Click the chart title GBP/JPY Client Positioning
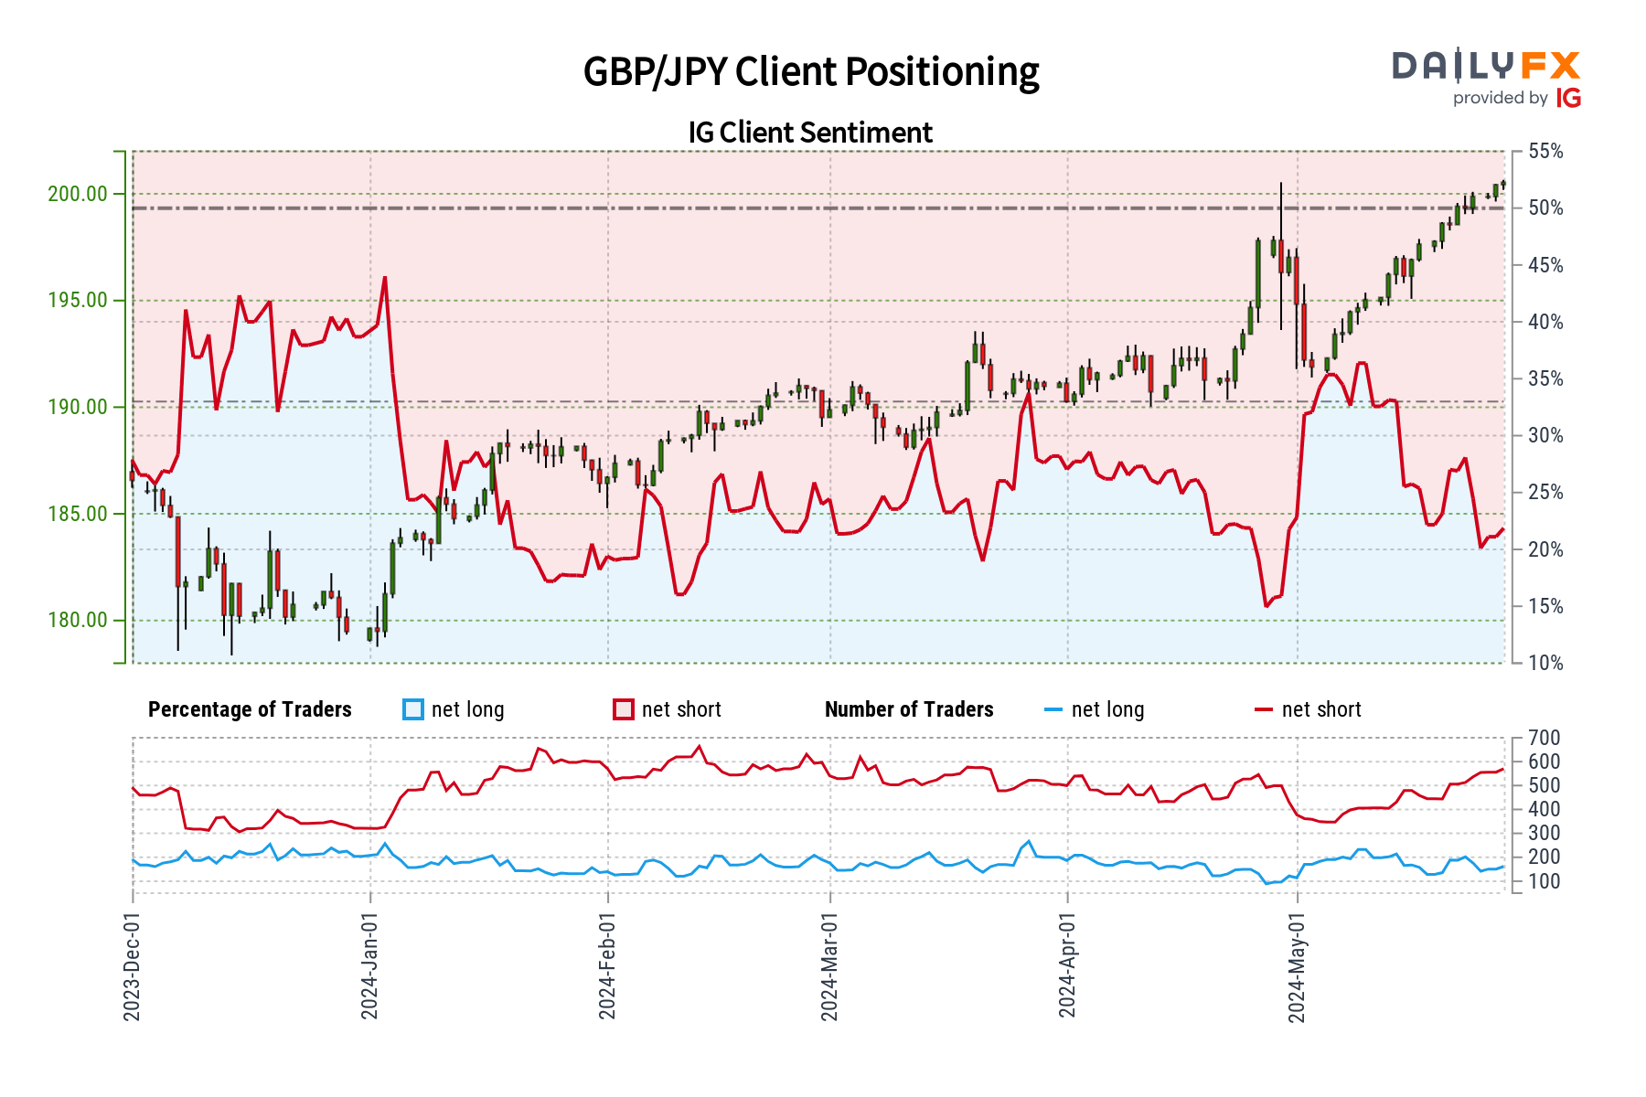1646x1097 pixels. [x=811, y=72]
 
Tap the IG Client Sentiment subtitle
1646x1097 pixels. [x=810, y=133]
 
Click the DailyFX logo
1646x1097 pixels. [x=1486, y=66]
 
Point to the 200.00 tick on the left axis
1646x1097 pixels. [x=77, y=194]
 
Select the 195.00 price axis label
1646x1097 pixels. [x=77, y=301]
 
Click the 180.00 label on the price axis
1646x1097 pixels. [x=77, y=621]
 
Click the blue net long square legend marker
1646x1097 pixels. [x=413, y=710]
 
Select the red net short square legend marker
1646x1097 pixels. [x=624, y=710]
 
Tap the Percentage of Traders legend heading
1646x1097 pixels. [x=250, y=710]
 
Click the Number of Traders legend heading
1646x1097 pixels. [x=909, y=710]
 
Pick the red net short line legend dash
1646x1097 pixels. [x=1263, y=710]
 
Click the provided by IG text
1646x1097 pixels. [x=1516, y=98]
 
